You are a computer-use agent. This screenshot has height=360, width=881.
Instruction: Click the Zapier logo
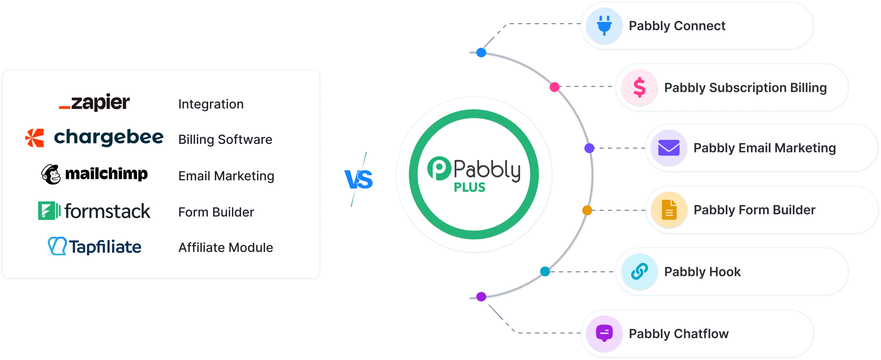[94, 102]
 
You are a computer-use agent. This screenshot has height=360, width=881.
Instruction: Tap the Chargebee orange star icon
[35, 138]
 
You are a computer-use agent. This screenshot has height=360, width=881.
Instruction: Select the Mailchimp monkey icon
[51, 174]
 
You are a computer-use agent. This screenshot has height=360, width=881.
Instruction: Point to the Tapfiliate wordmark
[105, 247]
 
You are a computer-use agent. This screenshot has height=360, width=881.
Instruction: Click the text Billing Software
[225, 139]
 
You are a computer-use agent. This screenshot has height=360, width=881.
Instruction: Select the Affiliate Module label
[225, 247]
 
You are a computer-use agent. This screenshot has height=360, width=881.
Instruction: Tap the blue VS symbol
[359, 179]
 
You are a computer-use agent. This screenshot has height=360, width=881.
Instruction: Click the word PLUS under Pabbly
[469, 187]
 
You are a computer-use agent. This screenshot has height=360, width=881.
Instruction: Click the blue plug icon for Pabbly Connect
[604, 25]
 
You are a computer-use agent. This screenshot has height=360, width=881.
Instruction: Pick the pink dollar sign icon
[639, 87]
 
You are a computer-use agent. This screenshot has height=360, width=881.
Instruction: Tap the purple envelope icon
[669, 148]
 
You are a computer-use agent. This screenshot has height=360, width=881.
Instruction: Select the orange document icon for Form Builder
[669, 210]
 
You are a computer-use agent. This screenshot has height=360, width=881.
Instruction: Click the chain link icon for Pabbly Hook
[639, 272]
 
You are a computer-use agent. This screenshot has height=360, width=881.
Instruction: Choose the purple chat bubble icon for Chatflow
[604, 333]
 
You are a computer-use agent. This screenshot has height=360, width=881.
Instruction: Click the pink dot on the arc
[554, 87]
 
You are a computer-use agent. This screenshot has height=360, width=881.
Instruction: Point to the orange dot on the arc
[587, 210]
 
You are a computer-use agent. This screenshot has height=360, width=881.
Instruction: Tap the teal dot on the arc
[545, 272]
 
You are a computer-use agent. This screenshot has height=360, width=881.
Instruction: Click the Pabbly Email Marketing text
[764, 148]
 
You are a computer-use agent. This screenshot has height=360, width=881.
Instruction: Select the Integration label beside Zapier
[211, 104]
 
